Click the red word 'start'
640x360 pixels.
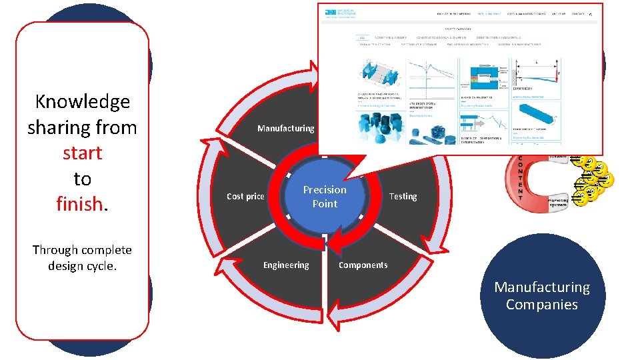tap(82, 153)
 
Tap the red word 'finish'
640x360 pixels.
tap(79, 203)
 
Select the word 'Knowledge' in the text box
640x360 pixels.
tap(82, 101)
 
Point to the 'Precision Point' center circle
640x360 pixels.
tap(325, 197)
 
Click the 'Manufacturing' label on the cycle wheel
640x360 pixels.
tap(285, 128)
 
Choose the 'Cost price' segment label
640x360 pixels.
tap(245, 196)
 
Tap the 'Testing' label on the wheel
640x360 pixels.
tap(403, 196)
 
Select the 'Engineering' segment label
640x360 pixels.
tap(285, 265)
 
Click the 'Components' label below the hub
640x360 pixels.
tap(363, 265)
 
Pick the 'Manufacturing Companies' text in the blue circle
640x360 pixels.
tap(541, 295)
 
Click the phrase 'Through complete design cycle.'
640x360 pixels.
tap(82, 257)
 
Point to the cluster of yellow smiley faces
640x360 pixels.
tap(595, 180)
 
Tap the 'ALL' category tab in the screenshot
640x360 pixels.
tap(362, 37)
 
